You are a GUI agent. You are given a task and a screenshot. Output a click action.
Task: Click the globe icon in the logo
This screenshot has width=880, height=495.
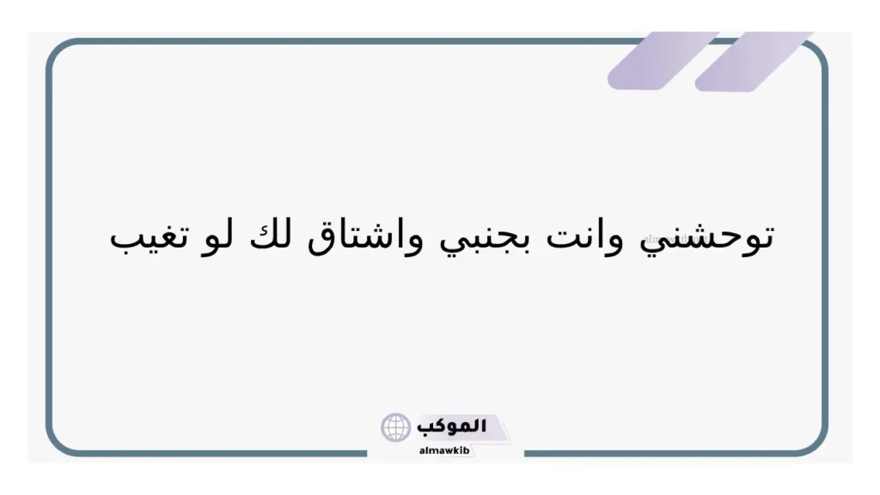[x=396, y=427]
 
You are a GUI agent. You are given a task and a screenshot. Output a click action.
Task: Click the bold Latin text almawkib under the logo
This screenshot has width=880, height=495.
[x=443, y=449]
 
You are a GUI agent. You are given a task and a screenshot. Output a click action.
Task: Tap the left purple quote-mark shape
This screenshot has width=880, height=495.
[x=663, y=60]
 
